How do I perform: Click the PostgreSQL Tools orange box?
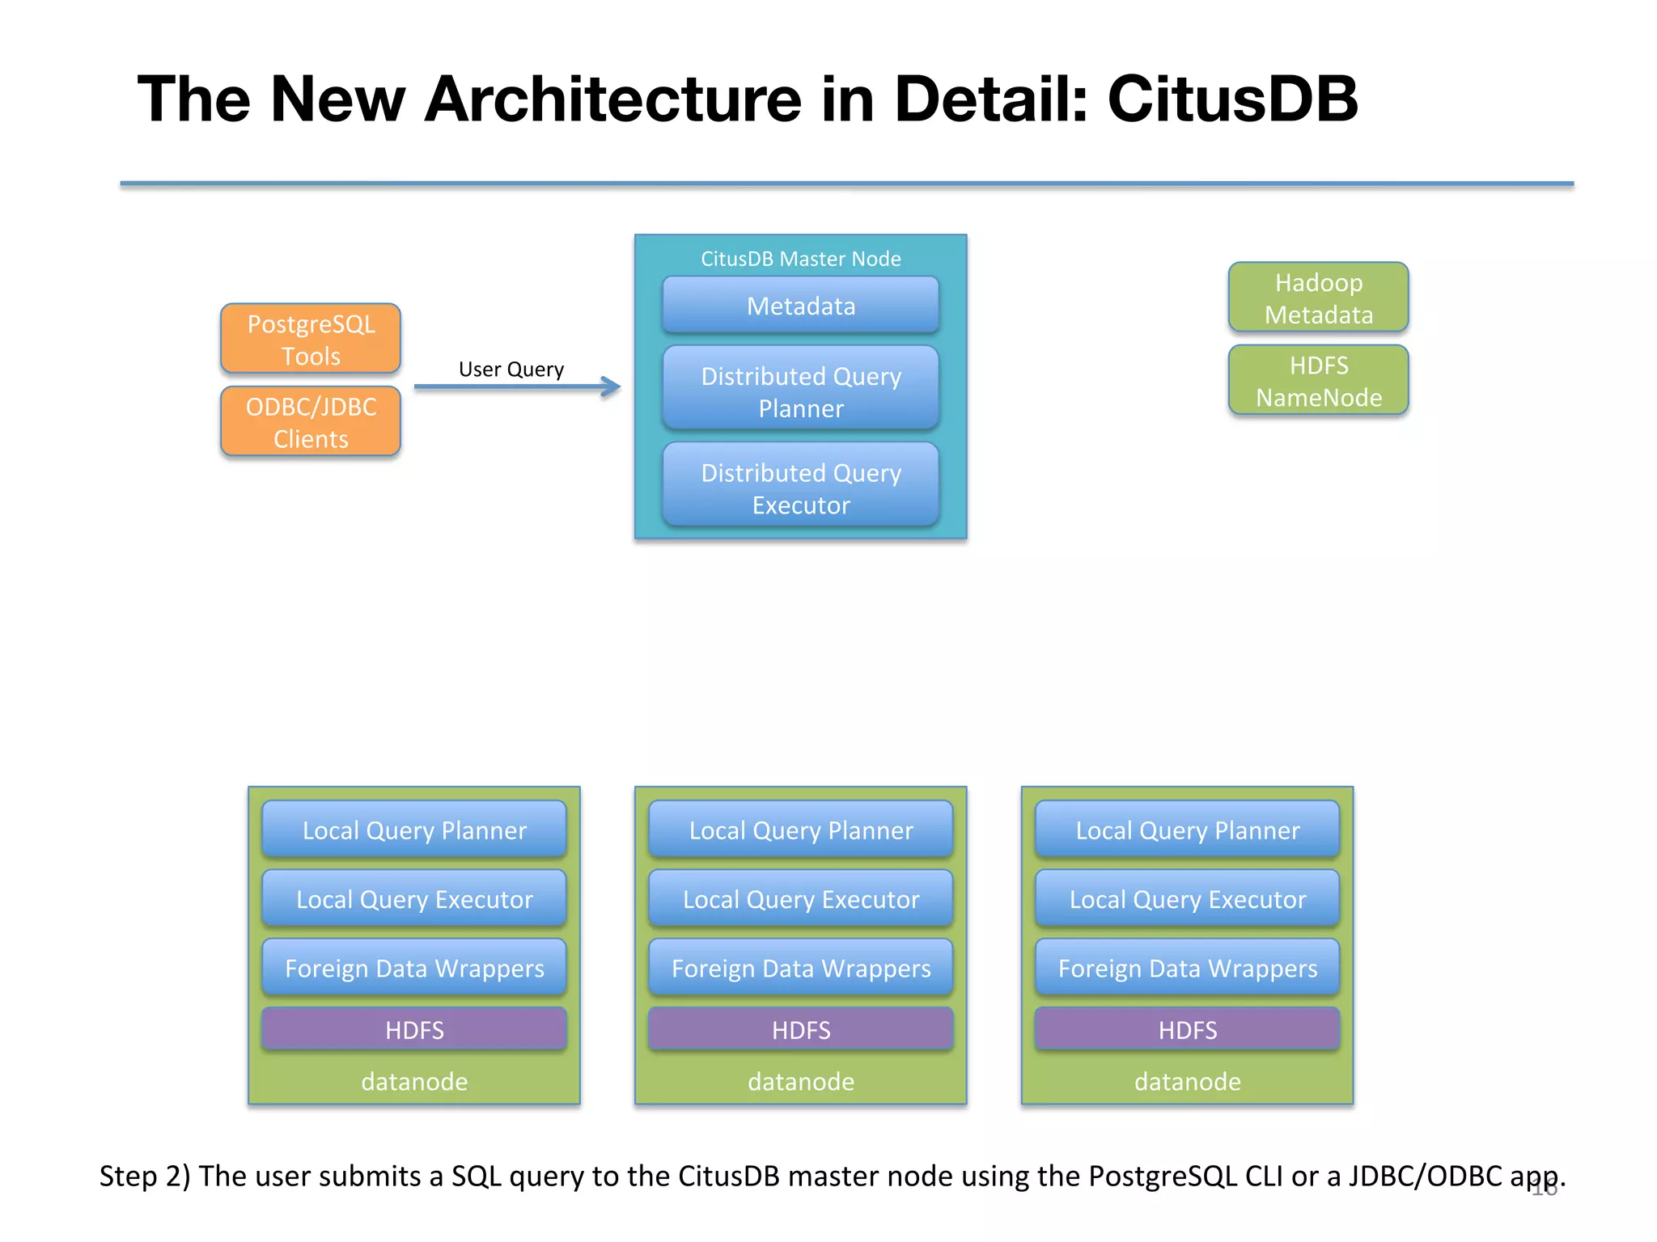click(x=311, y=339)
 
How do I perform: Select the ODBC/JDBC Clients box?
click(x=311, y=422)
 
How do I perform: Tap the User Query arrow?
click(x=518, y=387)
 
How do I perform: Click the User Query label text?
click(x=511, y=370)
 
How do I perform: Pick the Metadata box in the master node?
click(x=800, y=306)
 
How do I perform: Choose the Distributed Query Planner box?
click(x=800, y=391)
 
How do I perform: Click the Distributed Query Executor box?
click(x=800, y=488)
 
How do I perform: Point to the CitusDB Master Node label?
click(x=800, y=259)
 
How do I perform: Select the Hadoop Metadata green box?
click(x=1318, y=298)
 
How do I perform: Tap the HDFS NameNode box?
click(x=1318, y=381)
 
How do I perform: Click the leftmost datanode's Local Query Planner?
click(x=414, y=830)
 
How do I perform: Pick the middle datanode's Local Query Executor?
click(x=800, y=899)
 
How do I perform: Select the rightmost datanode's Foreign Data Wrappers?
click(x=1187, y=968)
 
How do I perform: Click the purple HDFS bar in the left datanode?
click(x=414, y=1029)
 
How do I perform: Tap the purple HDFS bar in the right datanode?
click(x=1187, y=1029)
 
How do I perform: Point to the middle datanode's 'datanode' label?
click(x=800, y=1081)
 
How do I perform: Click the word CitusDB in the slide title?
click(x=1231, y=99)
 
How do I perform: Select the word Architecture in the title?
click(x=612, y=99)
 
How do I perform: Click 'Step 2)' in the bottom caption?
click(x=144, y=1176)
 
